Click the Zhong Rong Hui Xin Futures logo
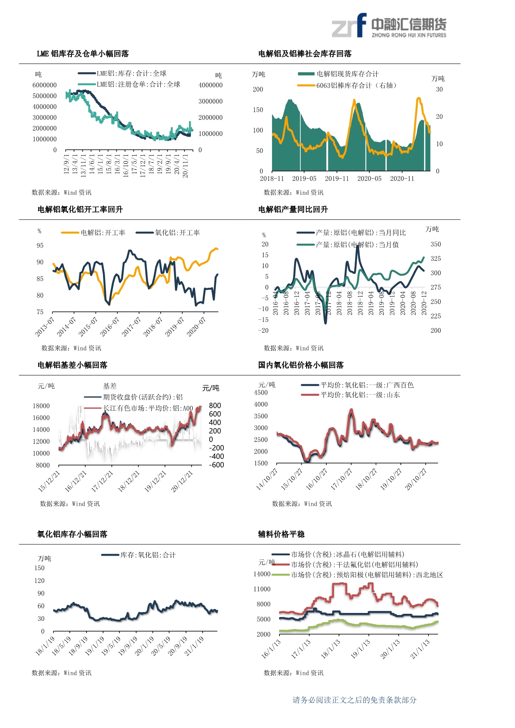(389, 26)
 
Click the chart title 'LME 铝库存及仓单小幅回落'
(83, 54)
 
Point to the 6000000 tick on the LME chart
(44, 85)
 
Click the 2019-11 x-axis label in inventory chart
(337, 179)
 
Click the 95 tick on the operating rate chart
(40, 245)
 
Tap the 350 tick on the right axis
(436, 244)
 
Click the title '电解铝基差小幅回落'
(72, 365)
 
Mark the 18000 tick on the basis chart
(41, 406)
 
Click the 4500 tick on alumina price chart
(261, 392)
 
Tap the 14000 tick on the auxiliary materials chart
(262, 574)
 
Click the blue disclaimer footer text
(354, 700)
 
